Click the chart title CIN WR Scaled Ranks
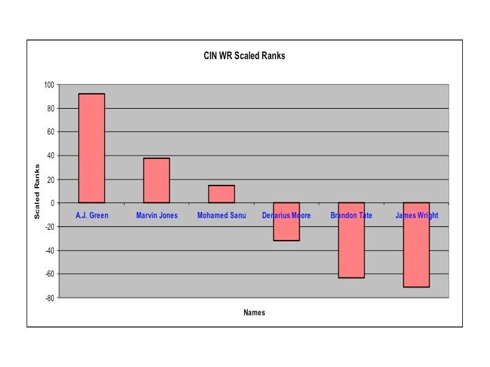[x=244, y=56]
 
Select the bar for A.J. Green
[x=91, y=148]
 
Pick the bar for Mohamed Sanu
[x=221, y=194]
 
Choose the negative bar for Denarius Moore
[x=286, y=222]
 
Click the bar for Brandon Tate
[x=351, y=240]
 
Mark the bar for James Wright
[x=416, y=245]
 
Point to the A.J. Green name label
[x=91, y=215]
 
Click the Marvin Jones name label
[x=157, y=215]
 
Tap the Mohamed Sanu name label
[x=221, y=215]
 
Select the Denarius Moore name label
[x=286, y=215]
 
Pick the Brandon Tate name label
[x=351, y=215]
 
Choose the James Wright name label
[x=416, y=215]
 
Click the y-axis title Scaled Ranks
[x=38, y=192]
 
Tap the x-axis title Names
[x=254, y=313]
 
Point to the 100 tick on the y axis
[x=48, y=85]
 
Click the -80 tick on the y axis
[x=48, y=298]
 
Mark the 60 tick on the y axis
[x=50, y=132]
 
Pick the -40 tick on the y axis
[x=48, y=250]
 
